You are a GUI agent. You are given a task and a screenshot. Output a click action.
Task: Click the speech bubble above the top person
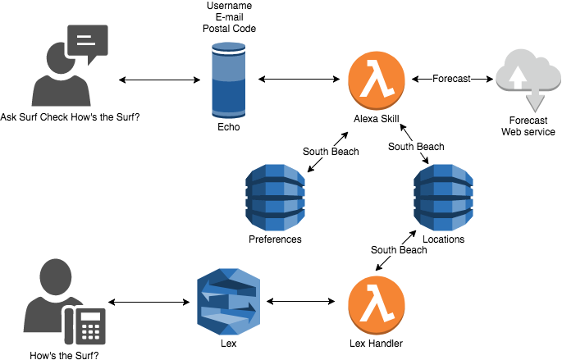[x=87, y=41]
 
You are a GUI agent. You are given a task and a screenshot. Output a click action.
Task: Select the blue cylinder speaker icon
[x=228, y=80]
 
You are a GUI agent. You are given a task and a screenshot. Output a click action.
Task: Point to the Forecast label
[x=451, y=79]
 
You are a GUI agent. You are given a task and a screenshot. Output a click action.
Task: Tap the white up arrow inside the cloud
[x=518, y=76]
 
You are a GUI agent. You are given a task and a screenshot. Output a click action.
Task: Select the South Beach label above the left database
[x=331, y=152]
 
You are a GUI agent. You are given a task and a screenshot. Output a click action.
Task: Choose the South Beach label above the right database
[x=416, y=147]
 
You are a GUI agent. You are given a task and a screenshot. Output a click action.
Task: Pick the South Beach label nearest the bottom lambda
[x=399, y=249]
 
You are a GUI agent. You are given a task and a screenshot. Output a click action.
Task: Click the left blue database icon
[x=276, y=197]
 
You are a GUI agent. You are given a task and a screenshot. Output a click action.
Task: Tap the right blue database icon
[x=444, y=197]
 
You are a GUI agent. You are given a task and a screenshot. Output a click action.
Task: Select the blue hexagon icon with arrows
[x=228, y=300]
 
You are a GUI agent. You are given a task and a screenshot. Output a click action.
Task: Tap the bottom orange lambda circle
[x=377, y=305]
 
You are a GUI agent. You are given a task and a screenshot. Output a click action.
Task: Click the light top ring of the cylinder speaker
[x=228, y=48]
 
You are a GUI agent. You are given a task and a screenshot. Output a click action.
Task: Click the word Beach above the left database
[x=344, y=152]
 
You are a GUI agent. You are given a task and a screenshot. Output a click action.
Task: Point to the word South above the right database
[x=402, y=147]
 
